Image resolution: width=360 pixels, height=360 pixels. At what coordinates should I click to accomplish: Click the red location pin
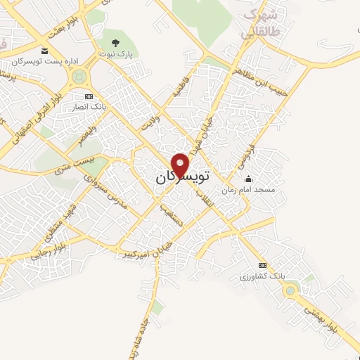point(181,164)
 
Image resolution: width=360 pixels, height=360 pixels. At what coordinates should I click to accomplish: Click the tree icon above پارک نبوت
point(116,43)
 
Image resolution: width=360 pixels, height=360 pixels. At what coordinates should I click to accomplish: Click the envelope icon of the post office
point(45,51)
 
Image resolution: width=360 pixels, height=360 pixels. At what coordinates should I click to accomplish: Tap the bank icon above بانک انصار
point(88,96)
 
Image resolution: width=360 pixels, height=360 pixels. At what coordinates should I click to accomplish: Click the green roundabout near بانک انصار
point(79,74)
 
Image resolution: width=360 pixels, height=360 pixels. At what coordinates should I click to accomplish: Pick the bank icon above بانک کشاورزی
point(263,265)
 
